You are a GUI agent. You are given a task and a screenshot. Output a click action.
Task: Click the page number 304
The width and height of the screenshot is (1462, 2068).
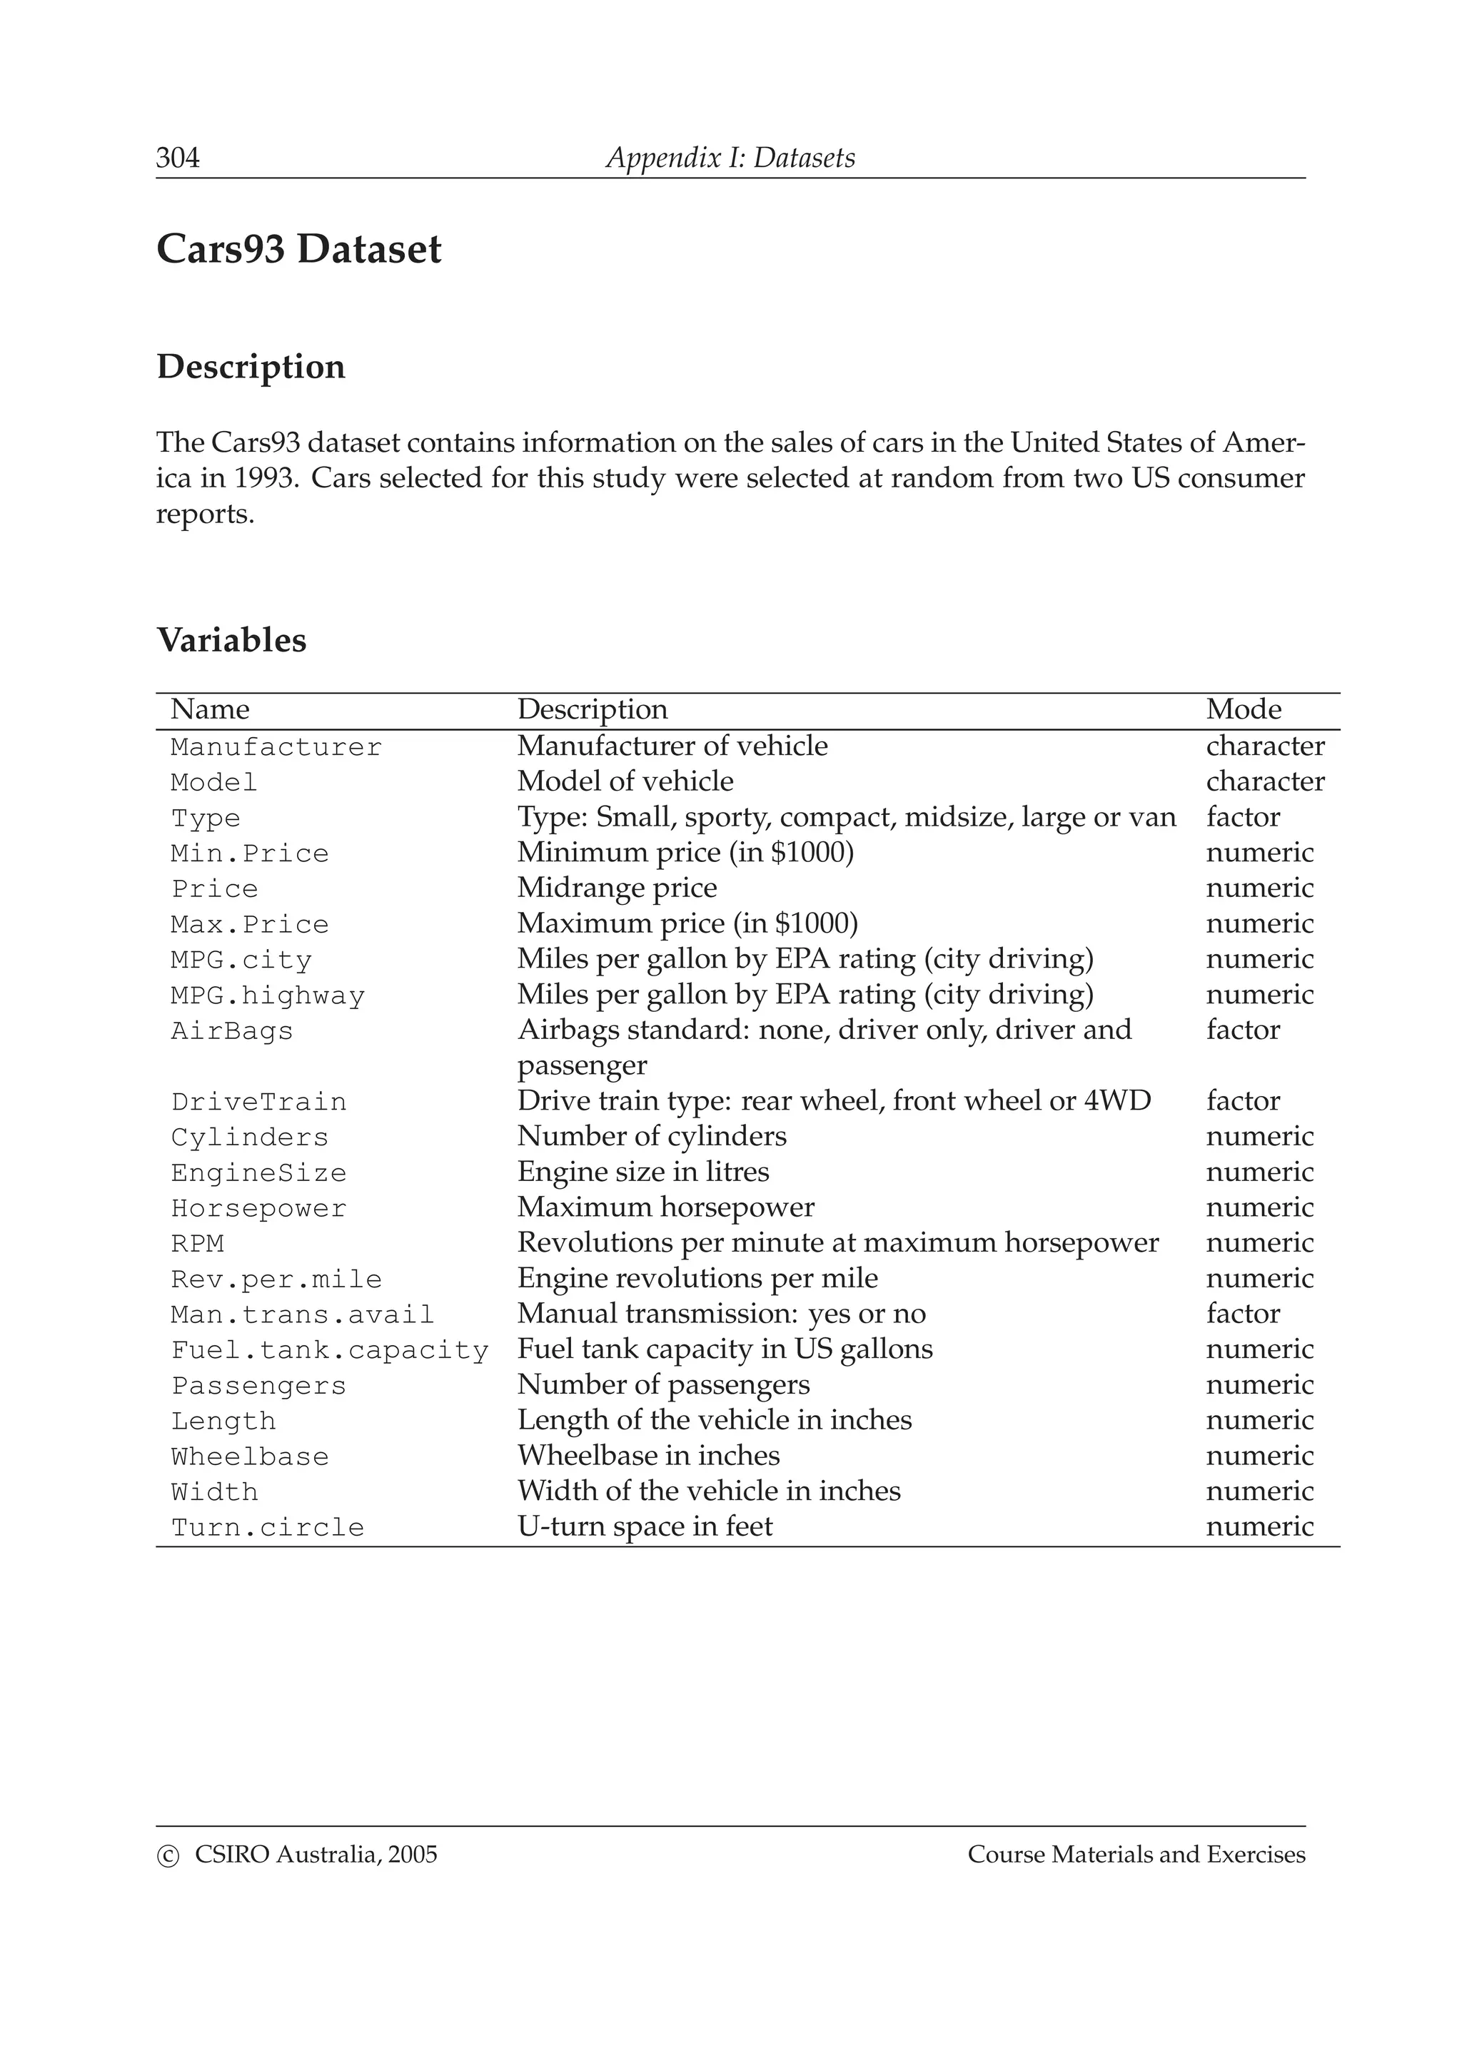click(x=178, y=158)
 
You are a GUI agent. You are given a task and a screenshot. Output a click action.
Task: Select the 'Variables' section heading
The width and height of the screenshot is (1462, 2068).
click(x=231, y=639)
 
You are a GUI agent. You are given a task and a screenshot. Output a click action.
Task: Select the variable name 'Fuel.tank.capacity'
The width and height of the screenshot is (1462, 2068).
click(x=330, y=1350)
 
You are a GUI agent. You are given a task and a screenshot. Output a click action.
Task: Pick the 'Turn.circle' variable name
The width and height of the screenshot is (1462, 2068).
click(x=268, y=1528)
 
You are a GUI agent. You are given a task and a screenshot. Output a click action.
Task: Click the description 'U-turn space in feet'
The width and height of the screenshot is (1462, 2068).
click(x=645, y=1526)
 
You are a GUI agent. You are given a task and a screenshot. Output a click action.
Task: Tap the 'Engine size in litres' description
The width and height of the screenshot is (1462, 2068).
click(x=643, y=1172)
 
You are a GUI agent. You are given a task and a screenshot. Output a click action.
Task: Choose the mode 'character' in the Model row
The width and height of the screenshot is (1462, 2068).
click(x=1265, y=782)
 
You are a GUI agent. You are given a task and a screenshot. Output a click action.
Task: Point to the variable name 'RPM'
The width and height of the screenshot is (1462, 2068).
click(x=197, y=1244)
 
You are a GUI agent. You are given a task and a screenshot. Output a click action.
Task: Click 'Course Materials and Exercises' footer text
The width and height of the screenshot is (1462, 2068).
click(x=1136, y=1855)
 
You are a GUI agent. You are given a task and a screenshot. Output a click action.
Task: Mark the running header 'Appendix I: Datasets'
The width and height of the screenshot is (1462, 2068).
click(x=730, y=158)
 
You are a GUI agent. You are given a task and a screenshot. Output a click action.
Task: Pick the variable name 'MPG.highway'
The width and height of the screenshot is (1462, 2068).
click(x=268, y=995)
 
